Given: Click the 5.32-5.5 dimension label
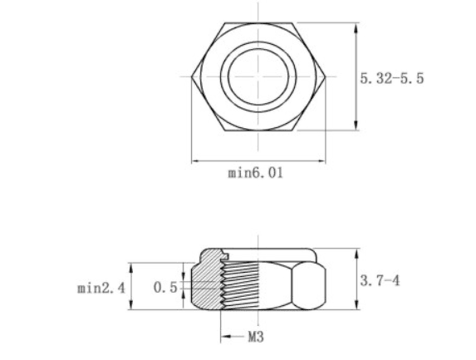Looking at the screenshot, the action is [x=391, y=78].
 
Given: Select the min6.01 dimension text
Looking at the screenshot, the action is [x=256, y=173].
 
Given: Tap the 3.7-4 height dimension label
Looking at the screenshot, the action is [x=380, y=280].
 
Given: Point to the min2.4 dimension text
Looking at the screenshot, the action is [x=101, y=288].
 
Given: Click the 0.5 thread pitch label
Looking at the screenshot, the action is [x=165, y=288].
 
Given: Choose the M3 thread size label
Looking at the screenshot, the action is [x=256, y=337].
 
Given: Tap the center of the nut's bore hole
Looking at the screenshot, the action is [x=258, y=76].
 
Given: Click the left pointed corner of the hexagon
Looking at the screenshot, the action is [x=192, y=76].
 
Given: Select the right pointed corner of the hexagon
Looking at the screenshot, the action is [x=326, y=76].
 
